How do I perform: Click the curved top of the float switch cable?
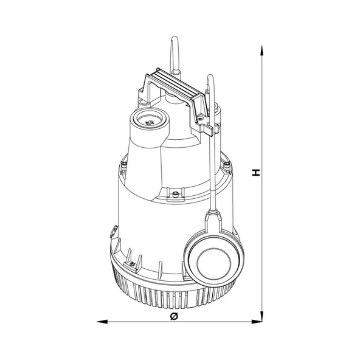pyautogui.click(x=210, y=77)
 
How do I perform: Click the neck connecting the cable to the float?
pyautogui.click(x=213, y=216)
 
